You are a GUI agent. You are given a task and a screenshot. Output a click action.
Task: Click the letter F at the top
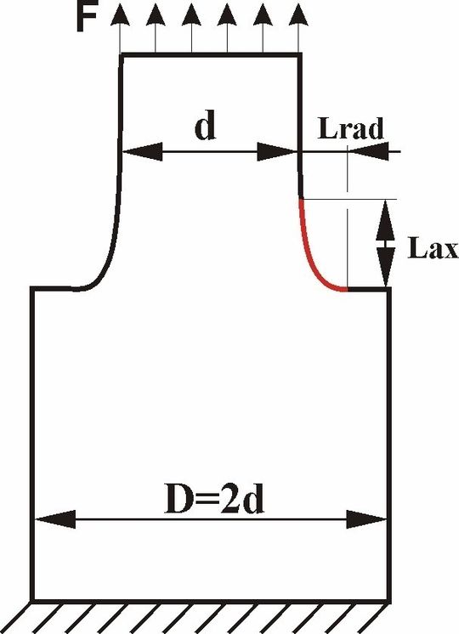click(87, 19)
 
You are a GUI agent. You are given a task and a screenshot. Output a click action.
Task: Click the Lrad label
click(350, 128)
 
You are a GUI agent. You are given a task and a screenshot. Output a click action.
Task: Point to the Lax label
click(433, 247)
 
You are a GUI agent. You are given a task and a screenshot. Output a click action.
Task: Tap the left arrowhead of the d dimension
click(142, 151)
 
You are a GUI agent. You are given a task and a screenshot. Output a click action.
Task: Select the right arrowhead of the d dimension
click(277, 151)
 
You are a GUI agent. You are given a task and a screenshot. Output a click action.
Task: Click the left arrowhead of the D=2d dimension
click(55, 519)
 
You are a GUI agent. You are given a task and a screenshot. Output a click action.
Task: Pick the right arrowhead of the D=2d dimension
click(367, 519)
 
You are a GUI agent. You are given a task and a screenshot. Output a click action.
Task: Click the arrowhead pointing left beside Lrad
click(369, 151)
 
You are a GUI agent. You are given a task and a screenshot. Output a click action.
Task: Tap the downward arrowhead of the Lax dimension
click(386, 267)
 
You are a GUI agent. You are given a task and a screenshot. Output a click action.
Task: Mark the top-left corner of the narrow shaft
click(122, 54)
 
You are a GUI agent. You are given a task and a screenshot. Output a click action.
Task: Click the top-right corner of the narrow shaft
click(300, 54)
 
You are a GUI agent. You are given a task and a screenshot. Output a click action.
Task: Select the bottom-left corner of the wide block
click(32, 600)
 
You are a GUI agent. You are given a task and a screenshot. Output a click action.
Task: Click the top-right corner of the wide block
click(389, 289)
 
